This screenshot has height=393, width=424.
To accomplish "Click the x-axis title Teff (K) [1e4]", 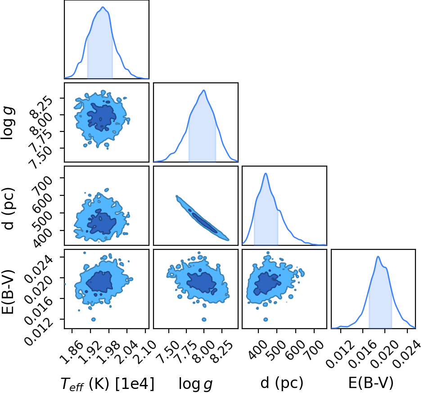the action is tap(108, 384).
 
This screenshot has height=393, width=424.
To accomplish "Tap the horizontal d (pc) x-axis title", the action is tap(282, 383).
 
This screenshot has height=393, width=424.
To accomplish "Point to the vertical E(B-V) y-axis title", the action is tap(8, 292).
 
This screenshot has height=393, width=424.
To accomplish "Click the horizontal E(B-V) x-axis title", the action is tap(370, 383).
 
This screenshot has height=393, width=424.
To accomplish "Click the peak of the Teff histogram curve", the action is tap(103, 7).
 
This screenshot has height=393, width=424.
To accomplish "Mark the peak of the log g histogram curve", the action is tap(204, 90).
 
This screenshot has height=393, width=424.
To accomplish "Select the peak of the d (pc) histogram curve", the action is tap(266, 173).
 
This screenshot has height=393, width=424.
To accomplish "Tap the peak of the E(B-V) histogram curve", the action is tap(378, 257).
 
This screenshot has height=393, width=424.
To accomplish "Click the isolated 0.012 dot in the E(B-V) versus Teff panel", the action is tap(94, 320).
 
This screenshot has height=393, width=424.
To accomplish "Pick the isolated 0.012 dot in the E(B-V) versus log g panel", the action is tap(204, 320).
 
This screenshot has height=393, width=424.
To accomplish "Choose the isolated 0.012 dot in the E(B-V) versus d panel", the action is tap(266, 320).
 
